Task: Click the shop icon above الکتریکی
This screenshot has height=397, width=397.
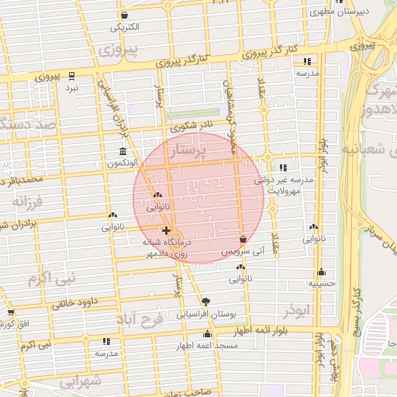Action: click(125, 16)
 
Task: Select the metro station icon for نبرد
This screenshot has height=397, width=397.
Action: click(71, 76)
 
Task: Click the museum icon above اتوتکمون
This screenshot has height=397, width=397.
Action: click(123, 152)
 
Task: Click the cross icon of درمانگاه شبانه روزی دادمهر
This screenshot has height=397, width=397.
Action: click(166, 230)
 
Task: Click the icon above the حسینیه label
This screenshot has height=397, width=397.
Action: click(321, 272)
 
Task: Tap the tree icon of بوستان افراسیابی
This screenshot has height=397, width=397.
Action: click(205, 302)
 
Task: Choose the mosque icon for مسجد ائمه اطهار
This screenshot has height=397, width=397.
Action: click(207, 334)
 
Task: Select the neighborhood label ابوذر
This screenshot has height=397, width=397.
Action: click(296, 310)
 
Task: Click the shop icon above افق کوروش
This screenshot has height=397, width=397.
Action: click(11, 312)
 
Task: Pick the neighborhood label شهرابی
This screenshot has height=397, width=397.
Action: click(81, 381)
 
